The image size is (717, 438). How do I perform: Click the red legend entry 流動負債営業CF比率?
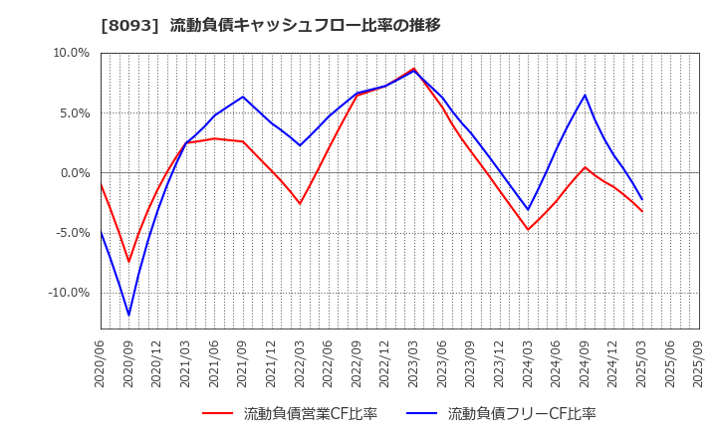pyautogui.click(x=290, y=414)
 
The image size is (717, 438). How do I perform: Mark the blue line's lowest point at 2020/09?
pyautogui.click(x=128, y=316)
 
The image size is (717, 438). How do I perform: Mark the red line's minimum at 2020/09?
pyautogui.click(x=128, y=262)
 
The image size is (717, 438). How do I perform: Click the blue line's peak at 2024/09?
pyautogui.click(x=585, y=96)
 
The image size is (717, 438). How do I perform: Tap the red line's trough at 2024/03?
pyautogui.click(x=528, y=230)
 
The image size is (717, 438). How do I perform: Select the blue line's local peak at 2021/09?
pyautogui.click(x=243, y=97)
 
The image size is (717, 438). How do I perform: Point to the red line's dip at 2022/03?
pyautogui.click(x=300, y=203)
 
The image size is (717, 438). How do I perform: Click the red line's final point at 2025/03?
pyautogui.click(x=642, y=211)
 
